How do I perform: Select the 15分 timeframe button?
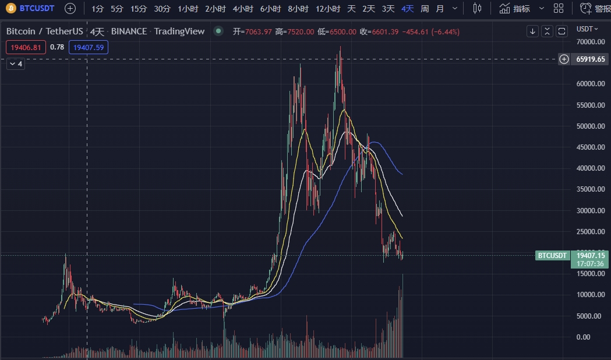click(x=139, y=9)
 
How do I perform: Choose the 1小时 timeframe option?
click(x=188, y=9)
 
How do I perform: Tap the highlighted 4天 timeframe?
click(x=407, y=9)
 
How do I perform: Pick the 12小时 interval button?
click(x=328, y=9)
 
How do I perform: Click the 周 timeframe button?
click(x=425, y=9)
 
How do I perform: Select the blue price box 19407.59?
click(x=88, y=47)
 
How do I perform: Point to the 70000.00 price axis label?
click(x=589, y=42)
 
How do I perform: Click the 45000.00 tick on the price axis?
click(x=589, y=147)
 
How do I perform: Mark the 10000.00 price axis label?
click(x=589, y=295)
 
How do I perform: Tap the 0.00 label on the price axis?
click(x=584, y=337)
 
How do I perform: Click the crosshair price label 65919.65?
click(x=591, y=59)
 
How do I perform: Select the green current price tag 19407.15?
click(x=591, y=255)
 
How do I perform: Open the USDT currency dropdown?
click(x=587, y=29)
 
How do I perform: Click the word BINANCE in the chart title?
click(x=129, y=31)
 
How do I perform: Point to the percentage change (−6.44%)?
click(x=445, y=31)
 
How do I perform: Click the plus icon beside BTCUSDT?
click(x=70, y=8)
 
